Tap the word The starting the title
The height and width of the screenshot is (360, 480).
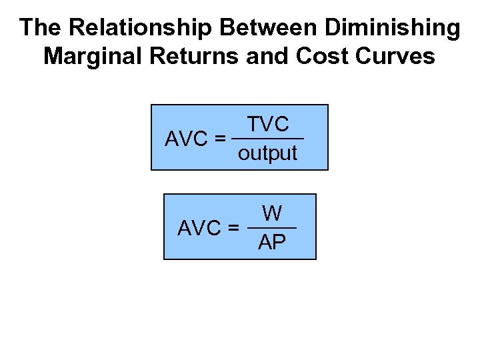tap(41, 28)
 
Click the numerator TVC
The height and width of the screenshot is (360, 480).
tap(268, 124)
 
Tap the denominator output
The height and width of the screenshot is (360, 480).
tap(267, 153)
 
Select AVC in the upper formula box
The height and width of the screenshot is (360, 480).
tap(186, 139)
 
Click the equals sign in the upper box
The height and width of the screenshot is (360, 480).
tap(220, 139)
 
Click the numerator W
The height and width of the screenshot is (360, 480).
tap(272, 213)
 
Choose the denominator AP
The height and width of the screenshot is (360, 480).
tap(272, 242)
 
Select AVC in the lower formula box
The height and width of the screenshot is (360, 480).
tap(199, 228)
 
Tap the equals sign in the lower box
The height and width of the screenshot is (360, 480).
tap(233, 228)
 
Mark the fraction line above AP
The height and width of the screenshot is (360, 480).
tap(272, 228)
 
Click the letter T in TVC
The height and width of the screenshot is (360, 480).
tap(253, 124)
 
